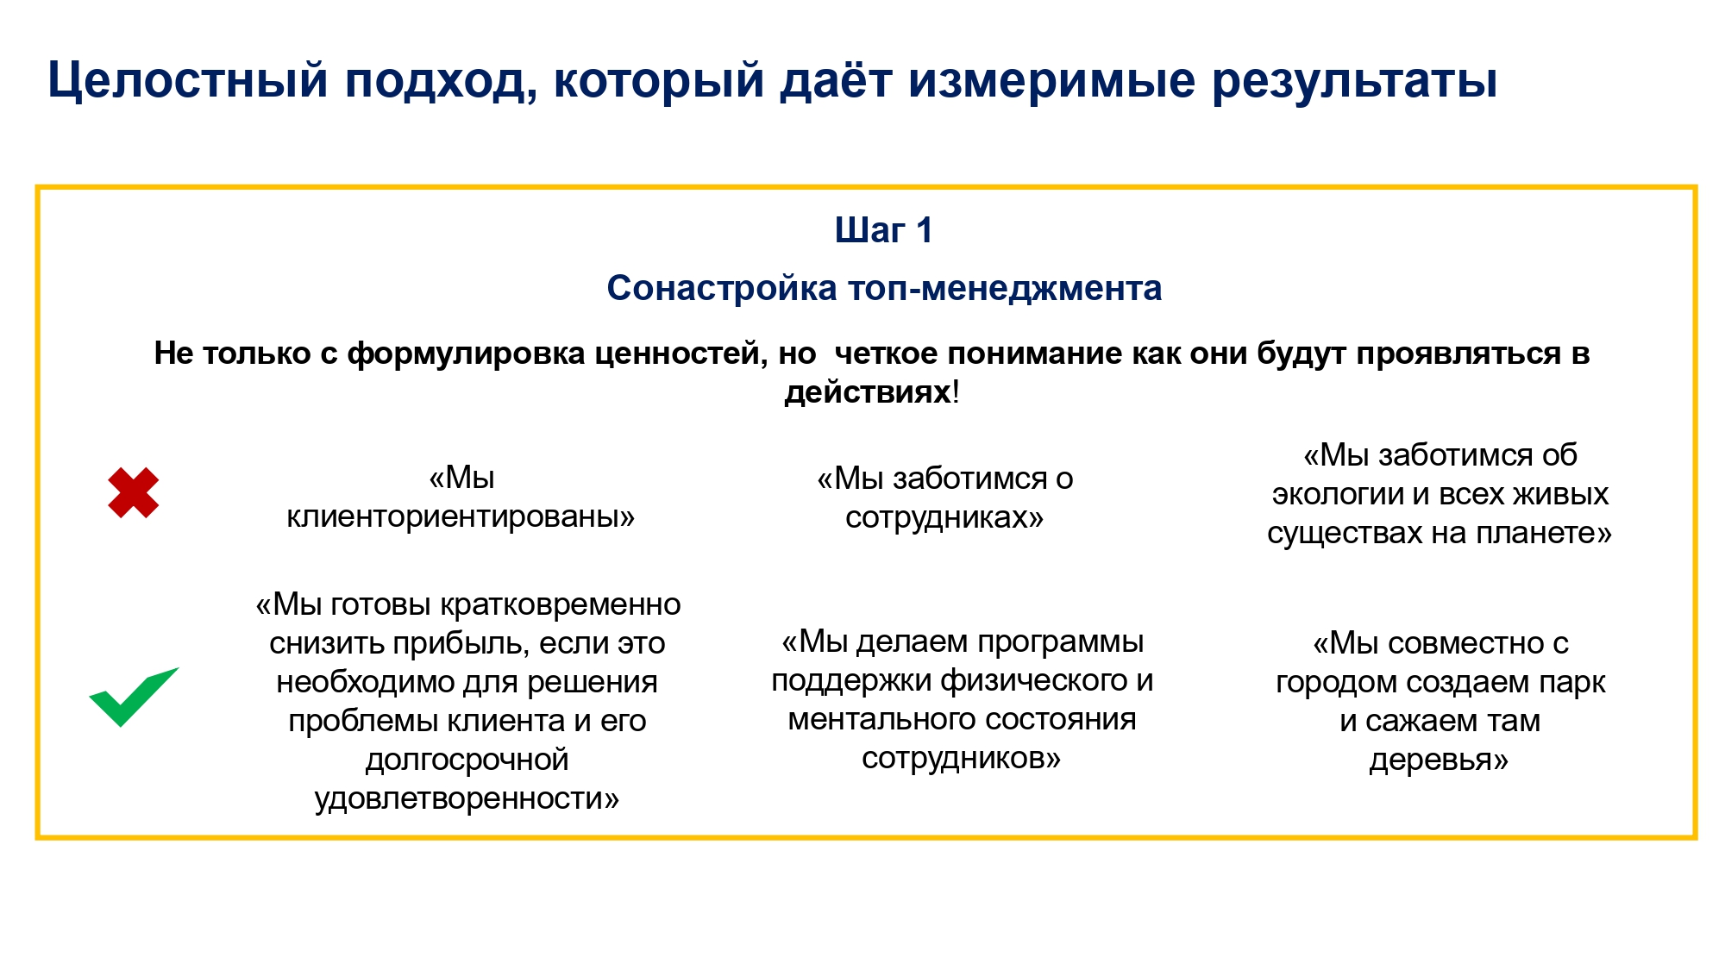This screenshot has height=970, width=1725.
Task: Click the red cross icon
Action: (x=134, y=493)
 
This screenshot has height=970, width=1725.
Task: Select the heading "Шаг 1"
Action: (x=883, y=230)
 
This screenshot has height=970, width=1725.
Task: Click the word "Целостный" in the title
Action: (x=188, y=80)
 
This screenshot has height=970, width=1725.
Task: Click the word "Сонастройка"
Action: (x=722, y=288)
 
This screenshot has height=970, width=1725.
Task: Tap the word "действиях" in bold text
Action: (x=868, y=392)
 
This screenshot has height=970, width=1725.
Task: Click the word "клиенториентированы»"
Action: (x=461, y=516)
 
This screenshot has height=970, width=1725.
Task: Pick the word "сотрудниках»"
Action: (x=944, y=516)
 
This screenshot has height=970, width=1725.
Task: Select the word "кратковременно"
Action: (x=561, y=604)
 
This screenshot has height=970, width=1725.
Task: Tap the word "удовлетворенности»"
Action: (x=467, y=798)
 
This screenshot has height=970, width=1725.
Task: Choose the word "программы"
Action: (x=1060, y=641)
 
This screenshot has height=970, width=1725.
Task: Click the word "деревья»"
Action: (x=1439, y=760)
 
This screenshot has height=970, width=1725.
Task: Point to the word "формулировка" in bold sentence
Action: (x=467, y=354)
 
